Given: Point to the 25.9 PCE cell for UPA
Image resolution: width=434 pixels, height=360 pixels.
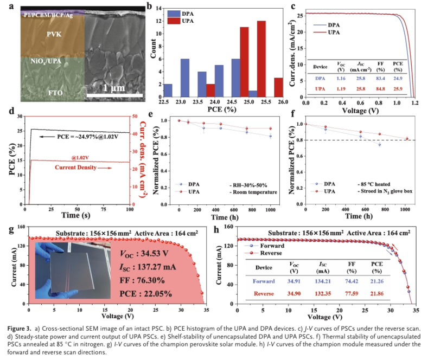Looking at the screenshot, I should (398, 88).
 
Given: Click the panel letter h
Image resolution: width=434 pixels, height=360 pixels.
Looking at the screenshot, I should (219, 228).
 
